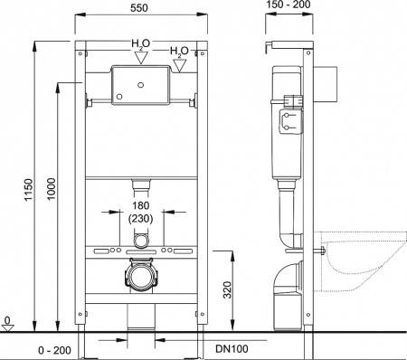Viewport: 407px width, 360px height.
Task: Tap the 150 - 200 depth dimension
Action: pyautogui.click(x=291, y=8)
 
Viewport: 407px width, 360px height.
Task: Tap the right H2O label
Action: pyautogui.click(x=177, y=52)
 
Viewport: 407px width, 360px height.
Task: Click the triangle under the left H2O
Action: pyautogui.click(x=139, y=58)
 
